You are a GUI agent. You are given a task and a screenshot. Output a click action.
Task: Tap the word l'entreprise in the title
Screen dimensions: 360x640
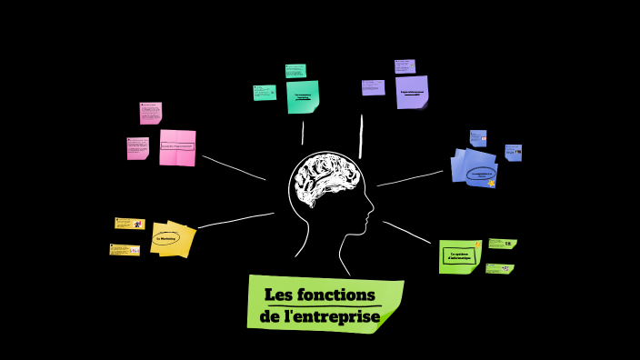tap(331, 316)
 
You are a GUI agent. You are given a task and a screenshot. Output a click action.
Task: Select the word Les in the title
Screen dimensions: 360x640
tap(280, 295)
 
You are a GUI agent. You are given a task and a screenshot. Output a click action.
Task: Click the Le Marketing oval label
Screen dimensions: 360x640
tap(167, 240)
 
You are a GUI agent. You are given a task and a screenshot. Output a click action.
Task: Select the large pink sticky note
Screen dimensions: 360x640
tap(177, 147)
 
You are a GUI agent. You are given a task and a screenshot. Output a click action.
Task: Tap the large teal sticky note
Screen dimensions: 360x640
tap(303, 96)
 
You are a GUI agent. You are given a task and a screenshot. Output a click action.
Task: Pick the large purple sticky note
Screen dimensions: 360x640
tap(412, 92)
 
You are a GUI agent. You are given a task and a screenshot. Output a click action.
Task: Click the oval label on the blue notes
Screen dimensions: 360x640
tap(481, 173)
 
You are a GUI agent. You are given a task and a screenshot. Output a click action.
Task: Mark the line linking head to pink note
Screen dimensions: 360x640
tap(234, 167)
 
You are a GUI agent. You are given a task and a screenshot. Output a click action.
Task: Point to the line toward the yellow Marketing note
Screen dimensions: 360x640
tap(235, 220)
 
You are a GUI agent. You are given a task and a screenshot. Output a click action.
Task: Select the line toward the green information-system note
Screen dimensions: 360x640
tap(406, 232)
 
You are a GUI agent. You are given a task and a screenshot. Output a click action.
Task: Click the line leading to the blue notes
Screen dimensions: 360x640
tap(409, 178)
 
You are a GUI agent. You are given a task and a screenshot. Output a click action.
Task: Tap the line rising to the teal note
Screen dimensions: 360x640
tap(303, 132)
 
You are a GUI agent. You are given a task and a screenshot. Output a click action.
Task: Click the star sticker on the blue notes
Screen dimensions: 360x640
tap(492, 184)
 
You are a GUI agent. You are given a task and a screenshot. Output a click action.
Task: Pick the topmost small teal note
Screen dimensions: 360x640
tap(295, 70)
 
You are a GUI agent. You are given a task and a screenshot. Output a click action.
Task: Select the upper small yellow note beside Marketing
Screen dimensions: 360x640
tap(129, 224)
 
